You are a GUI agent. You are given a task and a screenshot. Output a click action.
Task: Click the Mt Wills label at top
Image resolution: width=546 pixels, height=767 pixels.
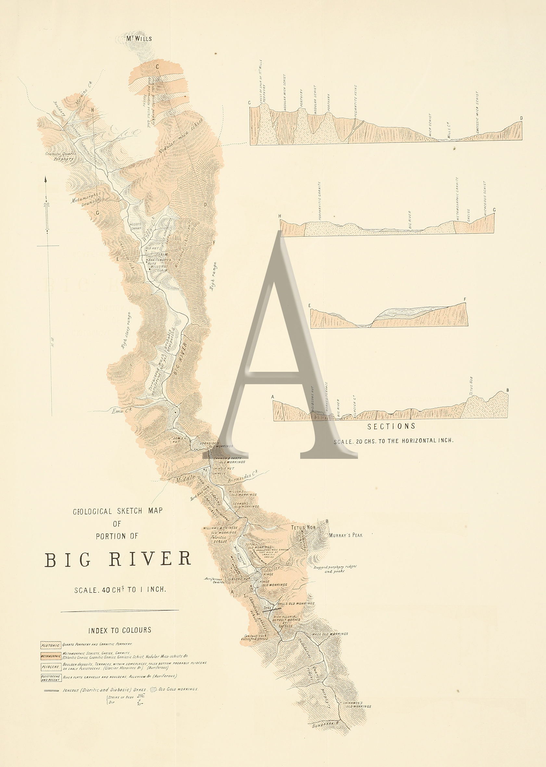pyautogui.click(x=139, y=38)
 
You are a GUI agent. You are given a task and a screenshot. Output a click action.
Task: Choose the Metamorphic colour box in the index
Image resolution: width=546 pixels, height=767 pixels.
pyautogui.click(x=51, y=656)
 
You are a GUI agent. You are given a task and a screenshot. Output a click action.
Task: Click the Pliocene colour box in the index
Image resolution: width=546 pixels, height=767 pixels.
pyautogui.click(x=51, y=667)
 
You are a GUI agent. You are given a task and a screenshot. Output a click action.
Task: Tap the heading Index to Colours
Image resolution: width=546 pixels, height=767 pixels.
pyautogui.click(x=120, y=630)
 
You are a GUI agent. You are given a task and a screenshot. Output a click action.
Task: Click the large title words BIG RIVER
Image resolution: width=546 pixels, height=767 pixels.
pyautogui.click(x=118, y=560)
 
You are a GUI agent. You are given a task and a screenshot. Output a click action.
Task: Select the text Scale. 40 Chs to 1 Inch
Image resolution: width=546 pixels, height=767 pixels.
pyautogui.click(x=120, y=589)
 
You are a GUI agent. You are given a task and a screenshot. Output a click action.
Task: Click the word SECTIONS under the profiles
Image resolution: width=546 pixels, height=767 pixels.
pyautogui.click(x=391, y=426)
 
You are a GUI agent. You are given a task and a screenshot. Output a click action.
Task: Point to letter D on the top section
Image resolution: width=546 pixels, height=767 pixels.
pyautogui.click(x=521, y=118)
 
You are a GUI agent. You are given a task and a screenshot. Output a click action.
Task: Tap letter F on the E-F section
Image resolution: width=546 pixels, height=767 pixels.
pyautogui.click(x=465, y=299)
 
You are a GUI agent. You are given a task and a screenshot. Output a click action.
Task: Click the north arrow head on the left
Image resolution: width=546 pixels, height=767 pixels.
pyautogui.click(x=45, y=180)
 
